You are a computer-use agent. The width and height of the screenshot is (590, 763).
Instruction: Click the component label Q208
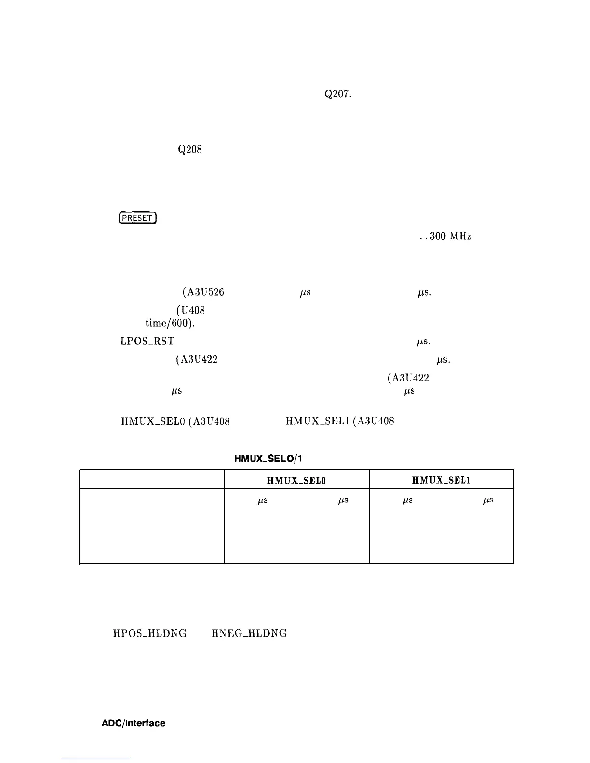click(189, 150)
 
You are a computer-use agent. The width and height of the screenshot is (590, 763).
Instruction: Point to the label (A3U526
click(203, 292)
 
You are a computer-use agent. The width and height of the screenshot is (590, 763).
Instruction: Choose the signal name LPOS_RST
click(147, 342)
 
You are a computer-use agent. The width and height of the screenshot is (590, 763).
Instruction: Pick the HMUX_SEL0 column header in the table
click(296, 480)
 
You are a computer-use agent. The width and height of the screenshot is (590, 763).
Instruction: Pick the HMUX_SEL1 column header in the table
click(441, 480)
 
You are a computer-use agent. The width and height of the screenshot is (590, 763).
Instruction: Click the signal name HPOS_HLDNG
click(150, 633)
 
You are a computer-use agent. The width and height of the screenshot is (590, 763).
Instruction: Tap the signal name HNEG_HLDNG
click(249, 633)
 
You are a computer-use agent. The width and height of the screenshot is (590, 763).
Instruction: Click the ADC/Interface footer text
click(134, 724)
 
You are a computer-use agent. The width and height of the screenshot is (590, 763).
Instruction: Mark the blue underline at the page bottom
click(95, 759)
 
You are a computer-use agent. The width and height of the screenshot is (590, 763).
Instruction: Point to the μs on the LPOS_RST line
click(425, 342)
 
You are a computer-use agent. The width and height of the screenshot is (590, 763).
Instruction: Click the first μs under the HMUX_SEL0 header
click(263, 501)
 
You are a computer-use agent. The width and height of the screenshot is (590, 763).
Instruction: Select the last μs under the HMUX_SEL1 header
click(488, 501)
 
